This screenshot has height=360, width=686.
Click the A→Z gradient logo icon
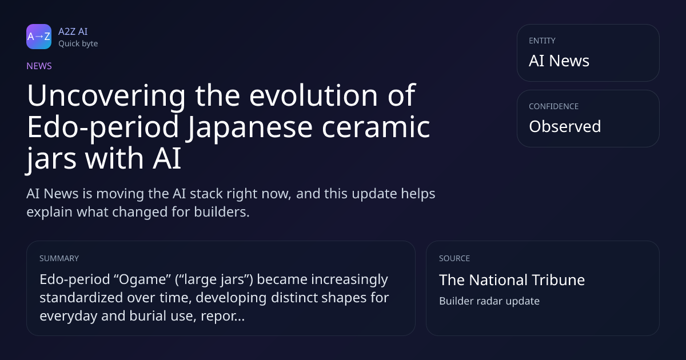(39, 37)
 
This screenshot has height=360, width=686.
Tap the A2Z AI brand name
(73, 31)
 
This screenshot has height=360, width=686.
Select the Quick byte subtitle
(78, 44)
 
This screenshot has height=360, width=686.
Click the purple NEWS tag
(39, 66)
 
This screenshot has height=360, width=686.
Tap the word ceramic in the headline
(376, 127)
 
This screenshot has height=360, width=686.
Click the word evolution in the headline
(314, 95)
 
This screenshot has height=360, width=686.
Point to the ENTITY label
(542, 41)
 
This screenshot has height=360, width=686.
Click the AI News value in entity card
(559, 61)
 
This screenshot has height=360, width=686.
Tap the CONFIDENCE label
(554, 106)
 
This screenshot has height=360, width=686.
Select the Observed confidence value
(565, 126)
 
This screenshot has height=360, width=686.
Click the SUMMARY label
(59, 258)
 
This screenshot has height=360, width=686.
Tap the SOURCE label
(454, 258)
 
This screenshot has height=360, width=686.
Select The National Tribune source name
(512, 280)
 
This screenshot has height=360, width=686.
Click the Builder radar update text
(489, 301)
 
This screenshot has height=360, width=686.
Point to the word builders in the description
(222, 212)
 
